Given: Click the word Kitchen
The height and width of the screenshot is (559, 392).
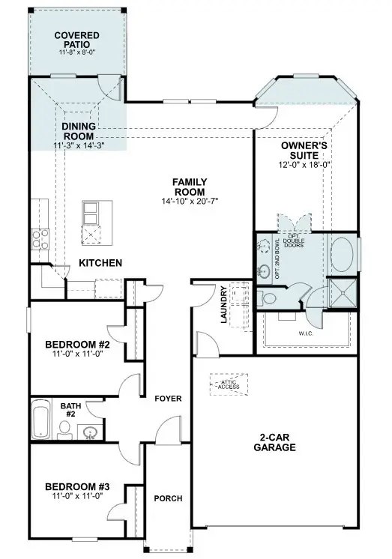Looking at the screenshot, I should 100,263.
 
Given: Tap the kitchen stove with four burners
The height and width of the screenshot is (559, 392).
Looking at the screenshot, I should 39,238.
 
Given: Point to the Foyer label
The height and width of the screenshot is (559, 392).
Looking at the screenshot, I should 168,399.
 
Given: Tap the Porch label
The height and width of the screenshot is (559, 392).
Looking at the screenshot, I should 168,498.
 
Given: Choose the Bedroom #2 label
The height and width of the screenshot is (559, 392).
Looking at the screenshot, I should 77,345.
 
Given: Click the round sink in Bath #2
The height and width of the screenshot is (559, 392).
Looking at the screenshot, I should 91,431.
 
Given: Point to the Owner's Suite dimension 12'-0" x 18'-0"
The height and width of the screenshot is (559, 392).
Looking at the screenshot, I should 306,164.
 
